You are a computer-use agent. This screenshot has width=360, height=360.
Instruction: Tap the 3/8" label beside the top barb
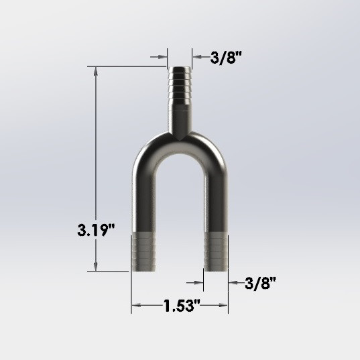[225, 58]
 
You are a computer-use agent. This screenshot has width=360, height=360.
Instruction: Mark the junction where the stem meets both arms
[179, 135]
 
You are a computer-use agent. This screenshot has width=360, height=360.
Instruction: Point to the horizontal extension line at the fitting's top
[127, 66]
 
